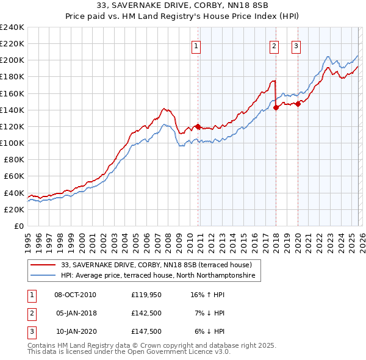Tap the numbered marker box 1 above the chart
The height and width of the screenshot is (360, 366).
(196, 45)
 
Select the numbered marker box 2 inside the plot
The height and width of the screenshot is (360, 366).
(274, 45)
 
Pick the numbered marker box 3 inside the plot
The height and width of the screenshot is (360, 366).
(296, 45)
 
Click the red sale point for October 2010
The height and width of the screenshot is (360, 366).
(198, 127)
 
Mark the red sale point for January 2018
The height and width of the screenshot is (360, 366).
(276, 107)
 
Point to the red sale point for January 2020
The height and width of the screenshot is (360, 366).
(298, 104)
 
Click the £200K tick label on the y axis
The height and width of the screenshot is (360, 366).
(12, 60)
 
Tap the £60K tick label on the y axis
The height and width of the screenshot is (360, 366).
(14, 176)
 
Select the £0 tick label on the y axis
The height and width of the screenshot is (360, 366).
(18, 226)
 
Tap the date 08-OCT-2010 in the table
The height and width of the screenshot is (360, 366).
(75, 295)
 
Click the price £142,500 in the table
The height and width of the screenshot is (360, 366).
(146, 313)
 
